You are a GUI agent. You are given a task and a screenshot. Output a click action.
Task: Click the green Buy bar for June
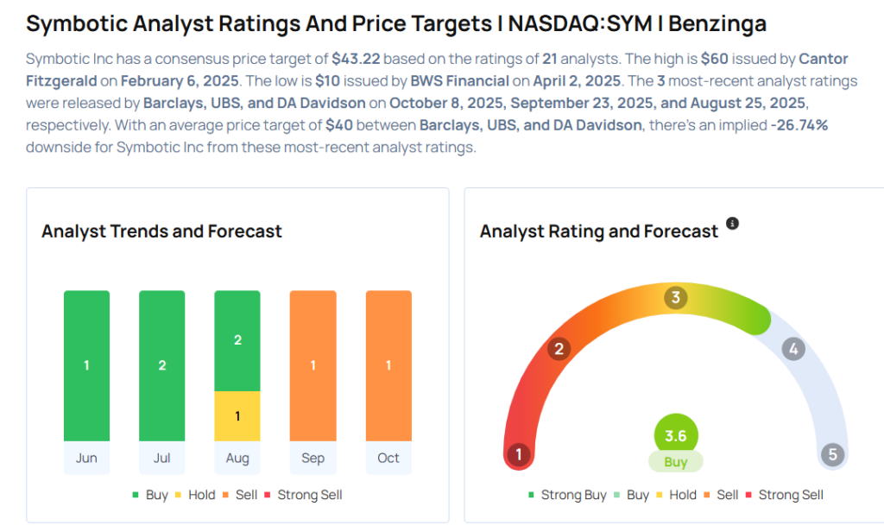[x=86, y=365]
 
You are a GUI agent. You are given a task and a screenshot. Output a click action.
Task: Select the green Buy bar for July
[x=161, y=365]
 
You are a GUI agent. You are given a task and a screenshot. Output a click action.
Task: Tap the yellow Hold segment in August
[x=237, y=416]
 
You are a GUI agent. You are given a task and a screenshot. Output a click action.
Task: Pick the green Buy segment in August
[x=237, y=340]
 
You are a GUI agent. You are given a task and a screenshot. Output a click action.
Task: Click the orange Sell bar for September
[x=313, y=365]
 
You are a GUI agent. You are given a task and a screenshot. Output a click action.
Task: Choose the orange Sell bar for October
[x=388, y=365]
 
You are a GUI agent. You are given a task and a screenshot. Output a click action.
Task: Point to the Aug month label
[x=237, y=458]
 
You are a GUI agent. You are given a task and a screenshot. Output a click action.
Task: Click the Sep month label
[x=313, y=458]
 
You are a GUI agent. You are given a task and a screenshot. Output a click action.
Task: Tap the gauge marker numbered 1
[x=519, y=454]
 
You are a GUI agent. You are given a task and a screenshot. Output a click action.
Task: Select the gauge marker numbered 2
[x=559, y=349]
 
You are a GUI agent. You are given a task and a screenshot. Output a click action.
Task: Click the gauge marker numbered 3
[x=676, y=298]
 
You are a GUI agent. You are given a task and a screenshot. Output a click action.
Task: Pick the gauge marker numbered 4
[x=792, y=349]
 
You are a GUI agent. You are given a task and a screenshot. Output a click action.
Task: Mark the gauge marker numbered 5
[x=832, y=454]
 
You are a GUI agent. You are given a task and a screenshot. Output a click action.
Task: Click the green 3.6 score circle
[x=676, y=436]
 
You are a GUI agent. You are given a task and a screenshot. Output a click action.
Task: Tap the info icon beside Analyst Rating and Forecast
[x=732, y=224]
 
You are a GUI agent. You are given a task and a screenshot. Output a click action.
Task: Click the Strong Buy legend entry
[x=567, y=495]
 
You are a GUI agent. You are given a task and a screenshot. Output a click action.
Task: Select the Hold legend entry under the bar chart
[x=198, y=495]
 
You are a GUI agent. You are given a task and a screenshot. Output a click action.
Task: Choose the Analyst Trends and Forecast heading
[x=161, y=231]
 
